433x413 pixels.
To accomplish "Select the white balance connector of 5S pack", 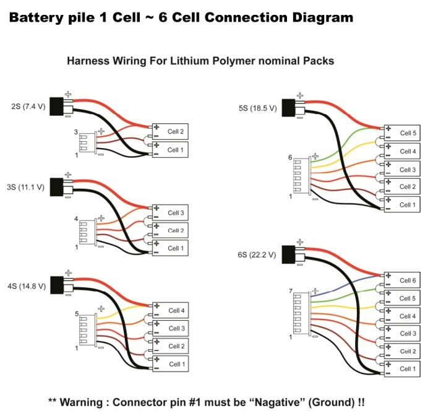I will point(298,179).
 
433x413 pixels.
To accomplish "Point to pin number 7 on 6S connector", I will point(291,291).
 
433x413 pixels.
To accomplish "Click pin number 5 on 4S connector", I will point(77,314).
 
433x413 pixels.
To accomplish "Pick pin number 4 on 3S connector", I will point(76,219).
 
